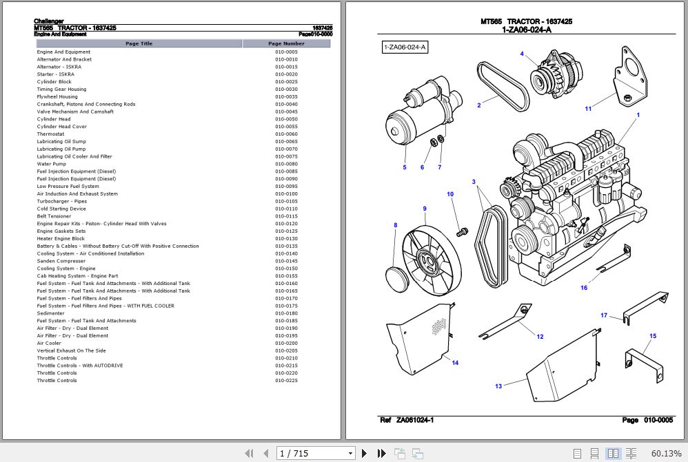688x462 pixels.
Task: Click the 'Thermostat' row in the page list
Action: (51, 134)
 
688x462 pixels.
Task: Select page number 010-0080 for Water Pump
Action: (286, 164)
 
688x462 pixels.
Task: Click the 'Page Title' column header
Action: (139, 43)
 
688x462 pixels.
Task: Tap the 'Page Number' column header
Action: (286, 43)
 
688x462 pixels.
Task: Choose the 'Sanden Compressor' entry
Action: (61, 261)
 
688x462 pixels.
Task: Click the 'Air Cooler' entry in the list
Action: (49, 343)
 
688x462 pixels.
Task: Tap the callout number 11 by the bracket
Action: (588, 108)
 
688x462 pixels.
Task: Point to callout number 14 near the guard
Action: (455, 363)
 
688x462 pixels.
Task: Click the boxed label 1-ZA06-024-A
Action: (405, 47)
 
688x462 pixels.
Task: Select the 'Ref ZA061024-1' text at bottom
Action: (407, 420)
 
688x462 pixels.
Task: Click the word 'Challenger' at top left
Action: (49, 21)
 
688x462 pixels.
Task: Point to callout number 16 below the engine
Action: (584, 288)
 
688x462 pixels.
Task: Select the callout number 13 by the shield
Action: (498, 386)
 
